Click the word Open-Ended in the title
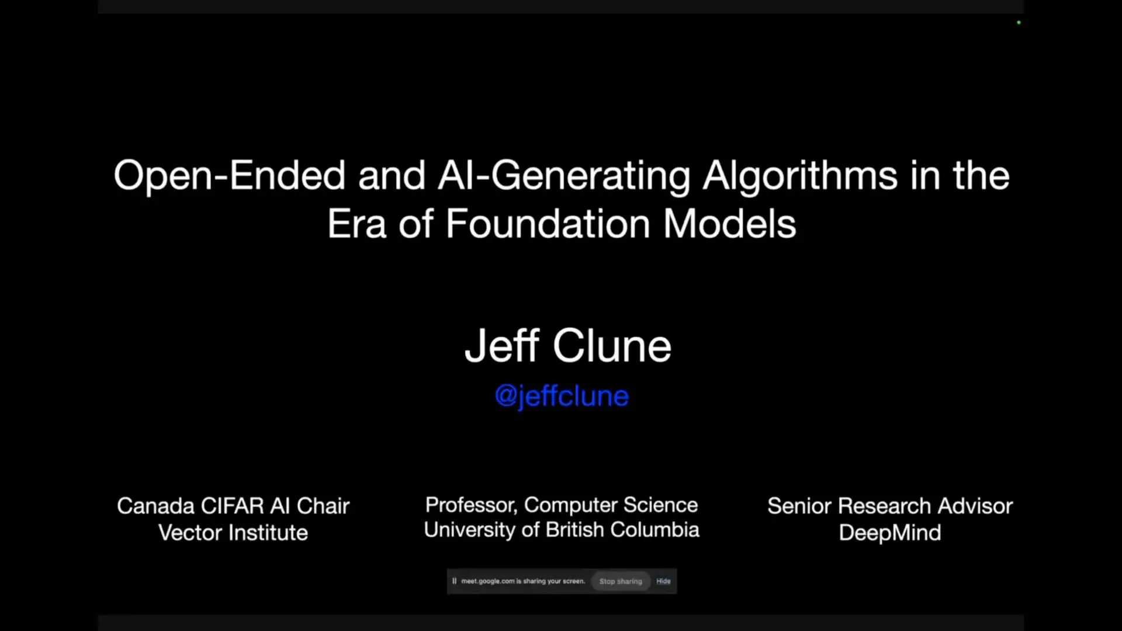point(230,176)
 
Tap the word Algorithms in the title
point(799,176)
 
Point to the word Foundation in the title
point(548,224)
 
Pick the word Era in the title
point(356,224)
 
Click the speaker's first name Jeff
point(502,346)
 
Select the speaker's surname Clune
point(612,346)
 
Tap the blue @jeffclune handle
point(562,396)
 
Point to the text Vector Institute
point(233,533)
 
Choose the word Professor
point(470,505)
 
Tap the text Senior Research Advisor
point(889,506)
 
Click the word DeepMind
point(889,533)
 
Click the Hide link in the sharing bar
point(663,581)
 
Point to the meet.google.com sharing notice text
point(522,581)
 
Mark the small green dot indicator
point(1019,23)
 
